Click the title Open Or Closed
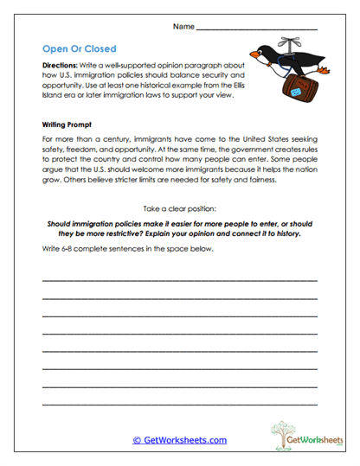coord(80,48)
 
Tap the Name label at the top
coord(183,27)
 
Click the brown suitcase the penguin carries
coord(268,89)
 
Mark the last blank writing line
coord(179,404)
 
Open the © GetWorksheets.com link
coord(179,440)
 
